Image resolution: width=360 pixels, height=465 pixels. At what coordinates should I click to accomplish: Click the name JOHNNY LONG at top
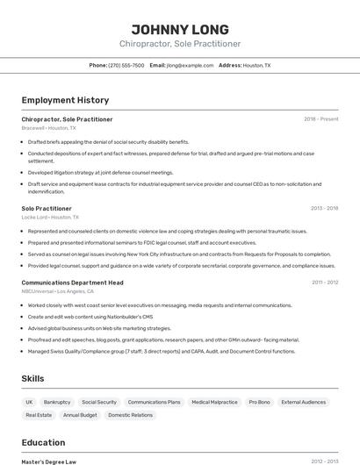click(180, 29)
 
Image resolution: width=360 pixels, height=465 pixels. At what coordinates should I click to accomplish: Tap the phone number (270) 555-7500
click(126, 65)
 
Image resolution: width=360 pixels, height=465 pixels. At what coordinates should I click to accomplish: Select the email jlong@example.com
click(190, 65)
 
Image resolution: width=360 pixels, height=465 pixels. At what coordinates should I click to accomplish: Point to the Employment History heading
click(65, 100)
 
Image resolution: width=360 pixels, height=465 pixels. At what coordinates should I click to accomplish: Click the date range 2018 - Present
click(320, 119)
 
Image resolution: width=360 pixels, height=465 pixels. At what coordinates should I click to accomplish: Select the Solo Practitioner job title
click(47, 208)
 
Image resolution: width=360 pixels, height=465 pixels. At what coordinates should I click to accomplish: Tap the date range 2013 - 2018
click(324, 208)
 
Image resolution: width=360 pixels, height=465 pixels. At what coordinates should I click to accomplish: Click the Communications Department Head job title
click(72, 283)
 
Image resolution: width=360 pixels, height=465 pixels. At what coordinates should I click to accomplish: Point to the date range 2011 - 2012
click(324, 283)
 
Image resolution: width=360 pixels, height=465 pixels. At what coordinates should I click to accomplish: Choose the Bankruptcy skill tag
click(57, 402)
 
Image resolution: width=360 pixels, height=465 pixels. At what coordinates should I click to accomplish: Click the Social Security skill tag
click(99, 402)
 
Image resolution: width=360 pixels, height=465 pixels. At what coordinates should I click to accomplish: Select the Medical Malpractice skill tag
click(214, 402)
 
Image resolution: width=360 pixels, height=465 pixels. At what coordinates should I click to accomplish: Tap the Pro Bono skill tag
click(259, 402)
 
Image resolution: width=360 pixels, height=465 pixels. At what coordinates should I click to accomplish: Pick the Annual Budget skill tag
click(80, 414)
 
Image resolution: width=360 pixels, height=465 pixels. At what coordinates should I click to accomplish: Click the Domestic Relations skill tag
click(130, 414)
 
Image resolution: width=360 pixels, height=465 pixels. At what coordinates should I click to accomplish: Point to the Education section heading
click(43, 442)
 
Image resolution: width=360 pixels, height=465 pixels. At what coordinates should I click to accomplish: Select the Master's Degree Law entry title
click(49, 461)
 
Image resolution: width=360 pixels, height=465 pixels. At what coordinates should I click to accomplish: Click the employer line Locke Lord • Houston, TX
click(50, 217)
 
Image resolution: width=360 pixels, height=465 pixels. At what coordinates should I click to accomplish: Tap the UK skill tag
click(29, 402)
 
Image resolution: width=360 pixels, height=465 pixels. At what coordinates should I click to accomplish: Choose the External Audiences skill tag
click(303, 402)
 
